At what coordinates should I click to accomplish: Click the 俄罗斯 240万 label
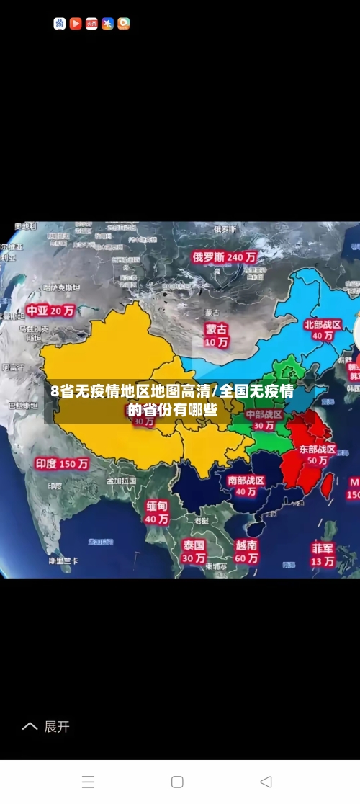pos(225,256)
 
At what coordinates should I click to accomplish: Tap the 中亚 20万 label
pos(50,311)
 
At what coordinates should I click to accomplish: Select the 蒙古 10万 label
pos(216,335)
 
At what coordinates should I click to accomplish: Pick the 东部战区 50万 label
pos(317,454)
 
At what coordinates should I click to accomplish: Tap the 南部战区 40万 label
pos(246,486)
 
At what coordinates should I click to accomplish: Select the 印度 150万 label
pos(63,464)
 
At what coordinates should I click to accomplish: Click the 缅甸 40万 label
pos(156,512)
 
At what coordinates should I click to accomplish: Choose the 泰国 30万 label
pos(193,551)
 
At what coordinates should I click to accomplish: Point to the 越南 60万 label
pos(246,552)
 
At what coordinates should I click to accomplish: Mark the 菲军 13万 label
pos(323,554)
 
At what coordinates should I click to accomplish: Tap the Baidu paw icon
pos(60,24)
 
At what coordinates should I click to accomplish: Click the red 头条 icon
pos(91,24)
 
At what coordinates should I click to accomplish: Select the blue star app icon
pos(108,24)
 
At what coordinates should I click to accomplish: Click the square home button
pos(177,782)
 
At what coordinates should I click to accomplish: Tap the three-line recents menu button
pos(88,782)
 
